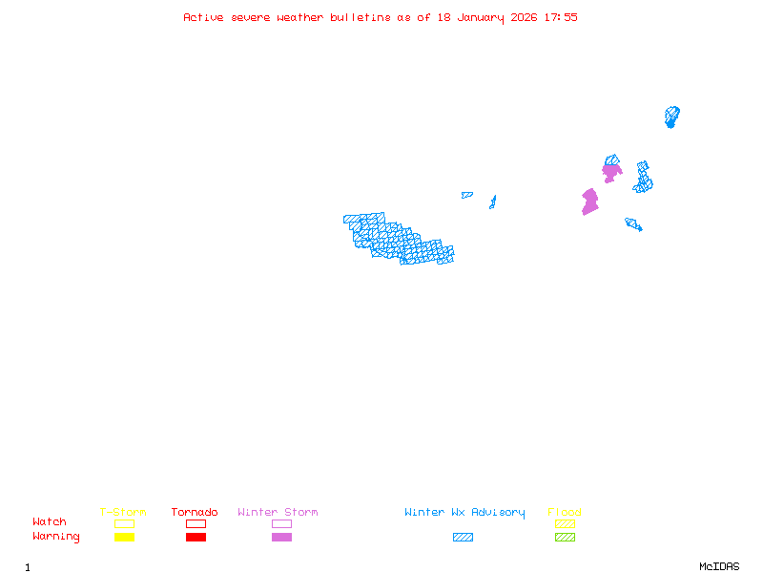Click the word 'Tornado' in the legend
point(195,512)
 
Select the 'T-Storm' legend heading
point(123,512)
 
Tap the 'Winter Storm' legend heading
point(278,512)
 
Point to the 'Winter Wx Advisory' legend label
point(464,513)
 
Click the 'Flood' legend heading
point(565,512)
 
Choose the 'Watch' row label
point(50,521)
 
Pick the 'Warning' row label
point(56,537)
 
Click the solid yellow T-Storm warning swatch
point(125,537)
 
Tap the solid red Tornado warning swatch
point(196,537)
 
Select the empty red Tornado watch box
point(196,523)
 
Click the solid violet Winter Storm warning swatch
point(281,537)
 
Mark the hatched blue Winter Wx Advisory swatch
point(463,537)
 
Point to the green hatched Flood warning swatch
point(565,537)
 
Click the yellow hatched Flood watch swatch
point(565,523)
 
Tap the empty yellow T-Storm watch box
point(125,523)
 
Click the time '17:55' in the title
point(561,17)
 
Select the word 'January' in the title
point(481,18)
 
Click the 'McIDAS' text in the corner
point(719,566)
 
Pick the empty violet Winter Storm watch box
point(281,523)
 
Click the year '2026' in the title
point(524,17)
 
